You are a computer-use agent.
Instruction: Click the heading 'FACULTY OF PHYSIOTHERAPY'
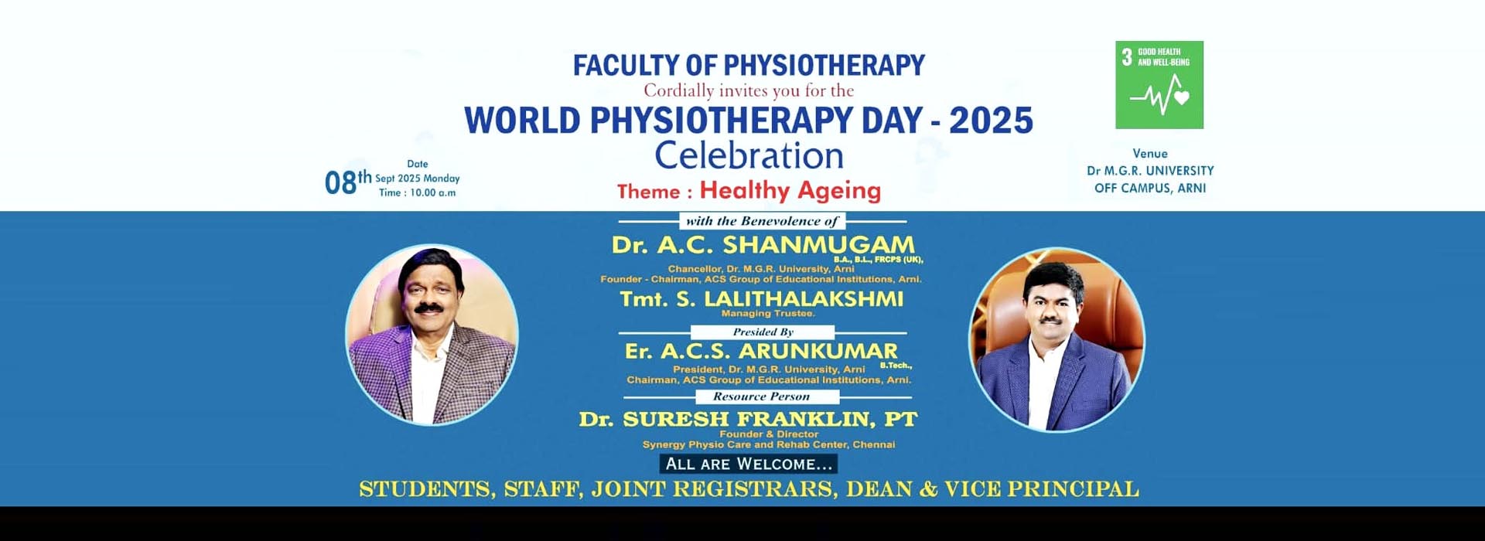[749, 65]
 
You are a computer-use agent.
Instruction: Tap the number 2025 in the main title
[991, 121]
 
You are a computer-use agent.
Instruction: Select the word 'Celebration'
[749, 155]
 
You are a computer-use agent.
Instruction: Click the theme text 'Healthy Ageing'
[790, 190]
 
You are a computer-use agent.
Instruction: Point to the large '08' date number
[340, 183]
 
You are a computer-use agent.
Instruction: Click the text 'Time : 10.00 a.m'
[417, 192]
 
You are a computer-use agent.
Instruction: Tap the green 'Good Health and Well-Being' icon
[1159, 85]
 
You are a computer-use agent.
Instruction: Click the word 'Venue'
[1150, 154]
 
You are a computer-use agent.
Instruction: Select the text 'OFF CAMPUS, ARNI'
[1150, 188]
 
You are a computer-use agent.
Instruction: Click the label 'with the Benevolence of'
[762, 221]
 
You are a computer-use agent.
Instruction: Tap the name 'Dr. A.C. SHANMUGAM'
[763, 245]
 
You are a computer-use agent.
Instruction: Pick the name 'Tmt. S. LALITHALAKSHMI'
[761, 299]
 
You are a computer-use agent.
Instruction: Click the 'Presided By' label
[763, 332]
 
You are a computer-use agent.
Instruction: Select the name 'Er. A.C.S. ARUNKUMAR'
[761, 352]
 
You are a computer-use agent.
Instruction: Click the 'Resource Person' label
[761, 396]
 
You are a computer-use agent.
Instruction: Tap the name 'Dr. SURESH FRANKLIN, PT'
[748, 420]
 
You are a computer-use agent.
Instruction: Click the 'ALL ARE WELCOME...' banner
[749, 464]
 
